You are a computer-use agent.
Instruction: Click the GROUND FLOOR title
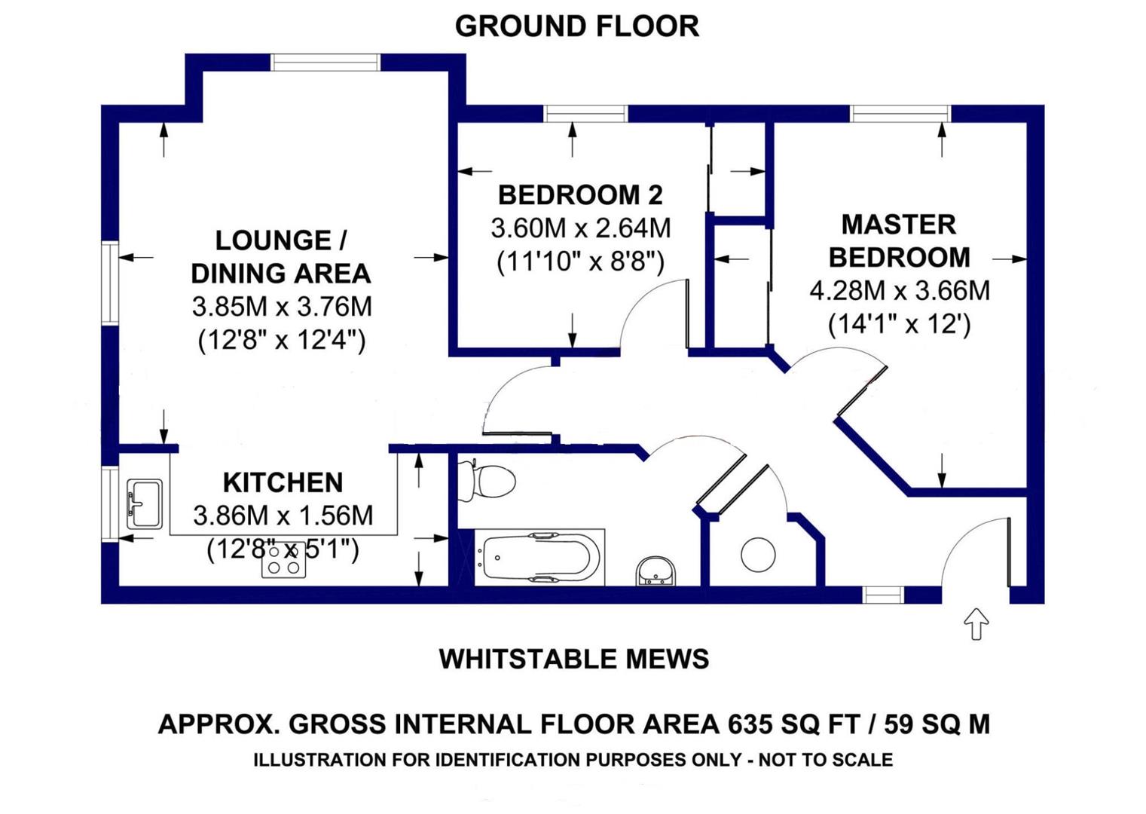click(x=576, y=26)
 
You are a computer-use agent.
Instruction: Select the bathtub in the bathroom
click(x=540, y=558)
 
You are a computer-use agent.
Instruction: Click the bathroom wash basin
click(x=656, y=572)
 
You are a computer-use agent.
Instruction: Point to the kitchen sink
click(x=144, y=503)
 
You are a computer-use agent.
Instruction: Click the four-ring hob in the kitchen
click(x=283, y=561)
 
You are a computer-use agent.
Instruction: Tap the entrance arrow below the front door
click(x=976, y=623)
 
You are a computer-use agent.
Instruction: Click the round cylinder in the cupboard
click(x=758, y=555)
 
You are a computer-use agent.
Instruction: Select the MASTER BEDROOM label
click(x=899, y=240)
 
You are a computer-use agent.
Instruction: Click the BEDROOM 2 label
click(x=580, y=195)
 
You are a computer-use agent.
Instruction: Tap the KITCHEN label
click(x=283, y=482)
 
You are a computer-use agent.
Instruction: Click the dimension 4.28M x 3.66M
click(x=899, y=291)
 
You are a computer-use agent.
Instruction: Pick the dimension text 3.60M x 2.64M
click(x=580, y=228)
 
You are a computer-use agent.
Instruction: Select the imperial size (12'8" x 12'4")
click(x=282, y=340)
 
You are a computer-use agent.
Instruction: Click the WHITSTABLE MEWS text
click(x=573, y=659)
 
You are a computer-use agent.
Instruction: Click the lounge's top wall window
click(x=325, y=62)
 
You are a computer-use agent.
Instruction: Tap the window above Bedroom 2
click(x=585, y=114)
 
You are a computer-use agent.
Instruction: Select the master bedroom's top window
click(x=900, y=114)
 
